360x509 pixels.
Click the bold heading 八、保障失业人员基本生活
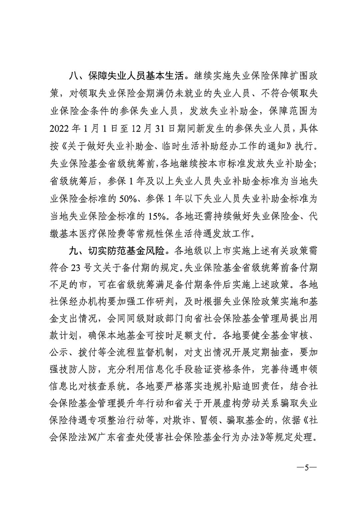(x=126, y=76)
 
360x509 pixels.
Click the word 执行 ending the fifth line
(x=306, y=146)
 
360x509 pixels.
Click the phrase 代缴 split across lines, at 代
(x=312, y=216)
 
